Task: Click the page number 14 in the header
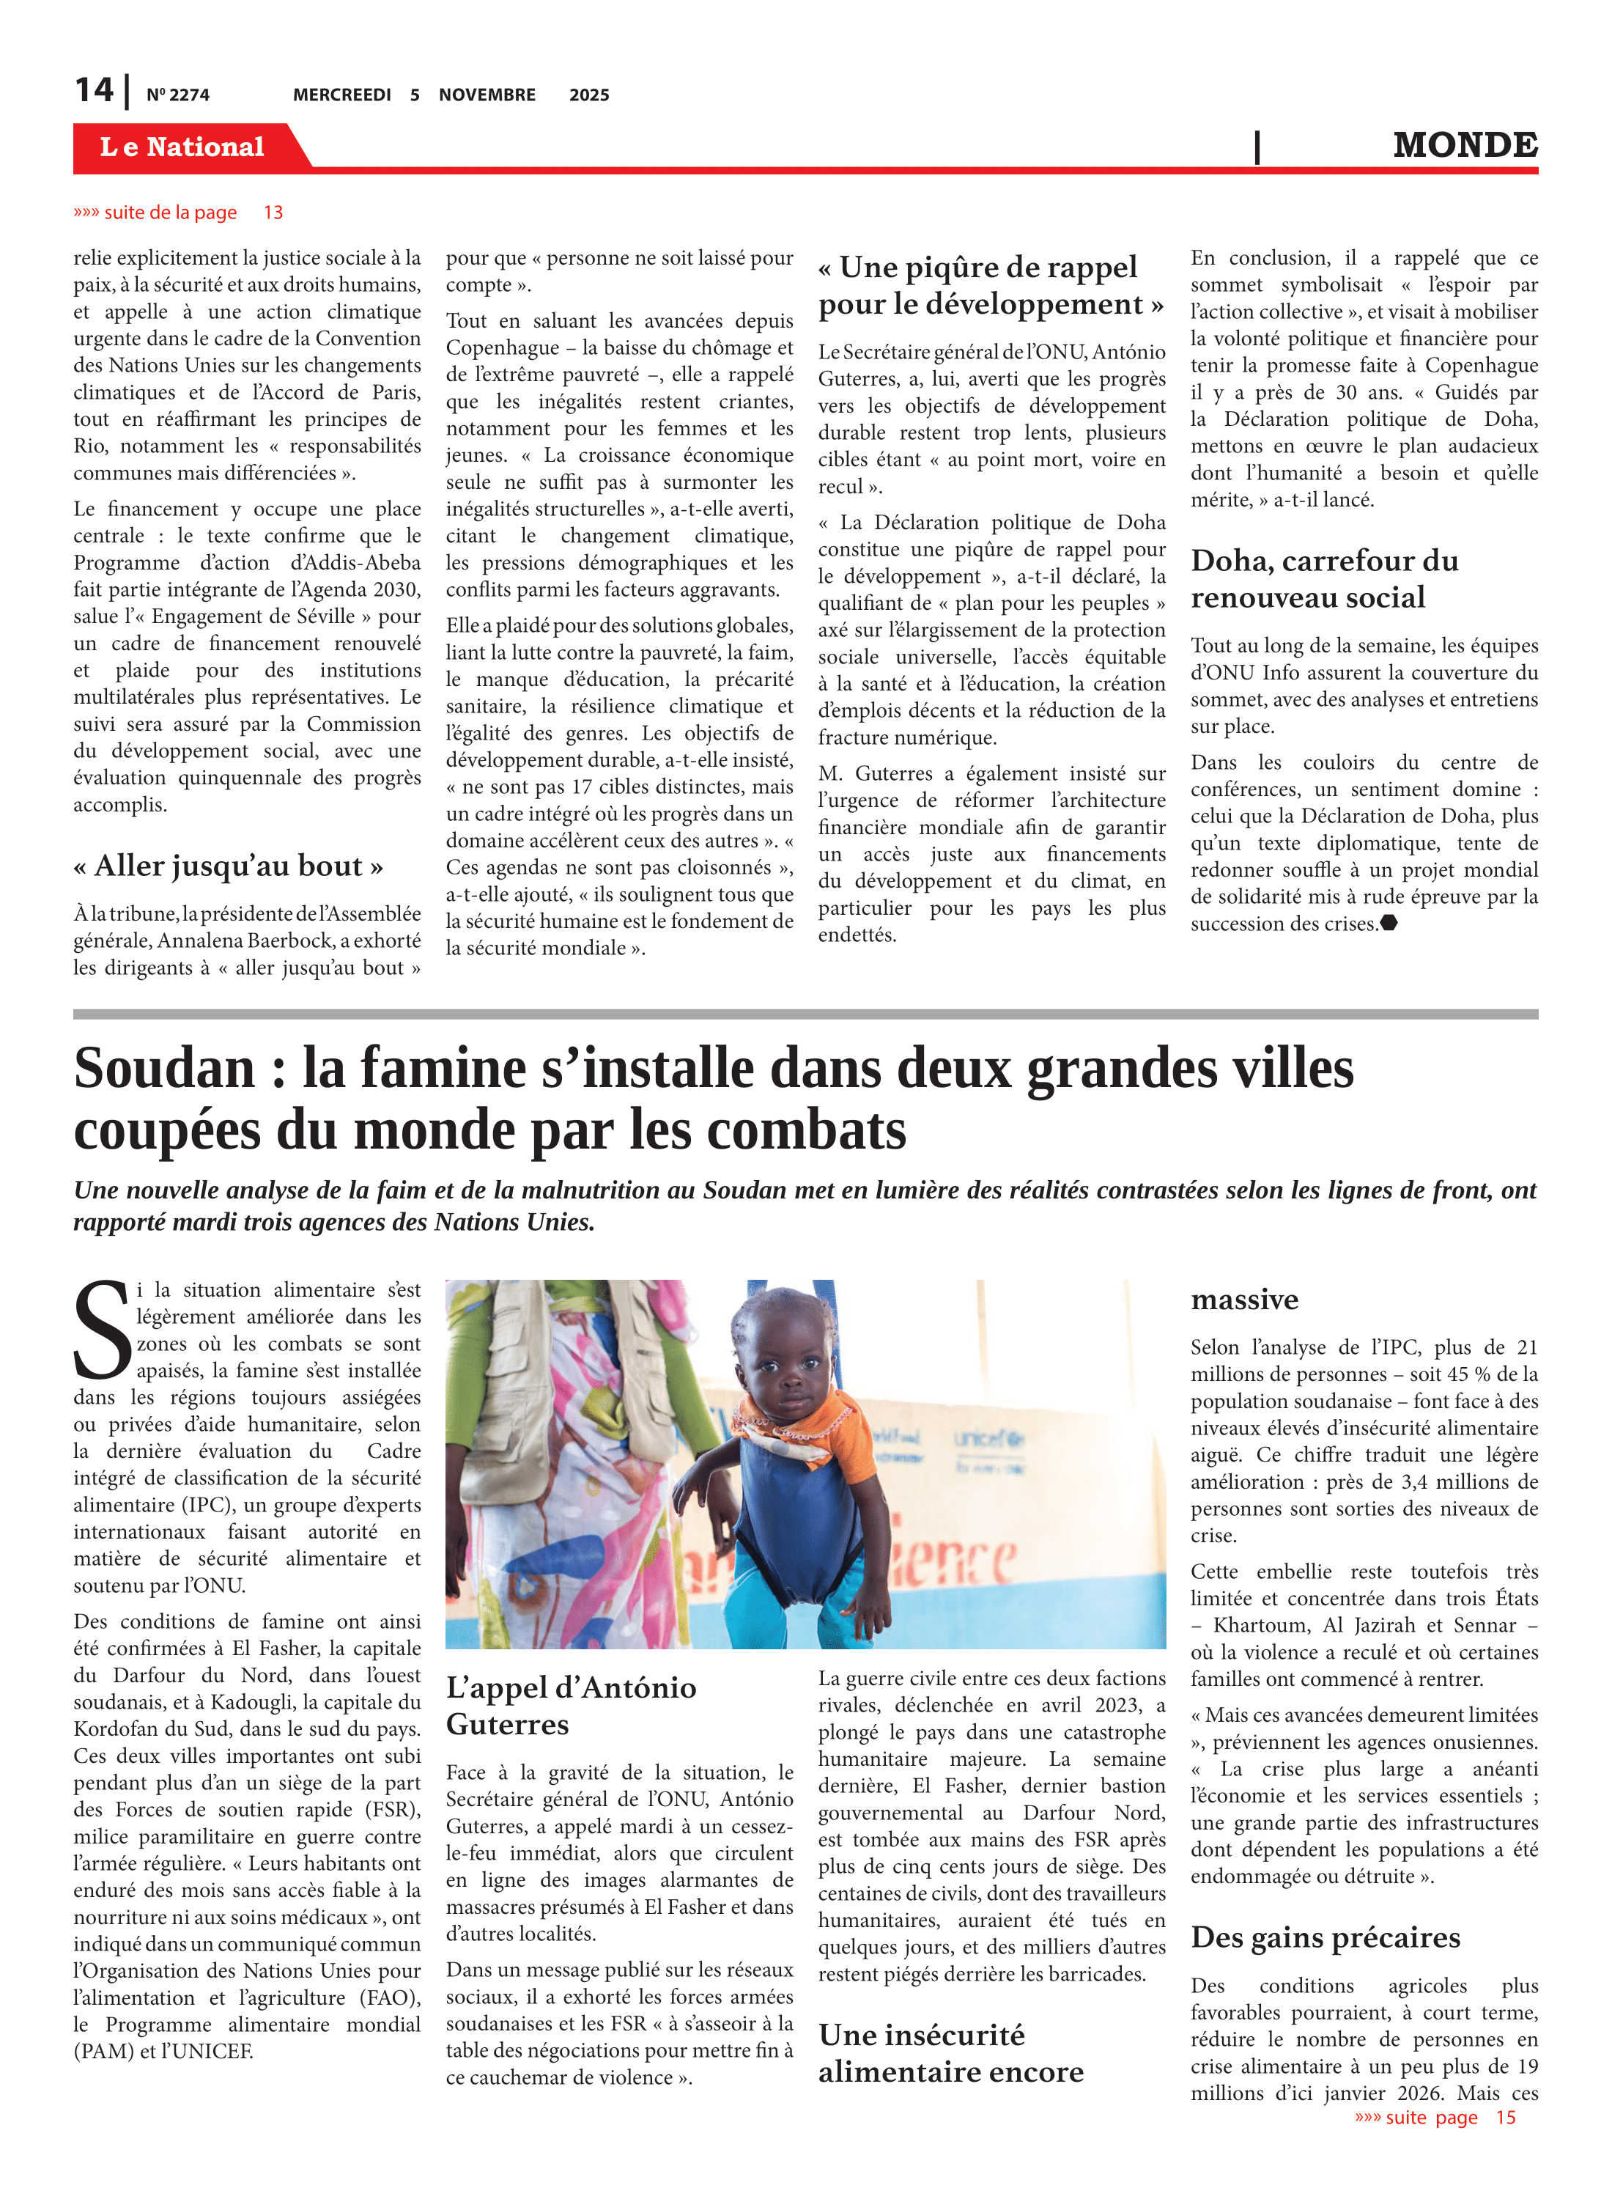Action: [x=95, y=91]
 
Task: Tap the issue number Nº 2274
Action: [x=177, y=95]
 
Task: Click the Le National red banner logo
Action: [x=182, y=147]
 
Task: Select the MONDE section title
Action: [x=1464, y=144]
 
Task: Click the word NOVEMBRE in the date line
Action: [x=487, y=95]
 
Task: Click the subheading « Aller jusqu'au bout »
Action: [x=229, y=866]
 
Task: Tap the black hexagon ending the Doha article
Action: [x=1389, y=922]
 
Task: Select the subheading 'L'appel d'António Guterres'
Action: [x=571, y=1705]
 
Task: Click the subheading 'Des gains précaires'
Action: [x=1325, y=1937]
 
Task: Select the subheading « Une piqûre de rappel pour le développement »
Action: [x=991, y=285]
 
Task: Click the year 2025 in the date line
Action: [x=589, y=95]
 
